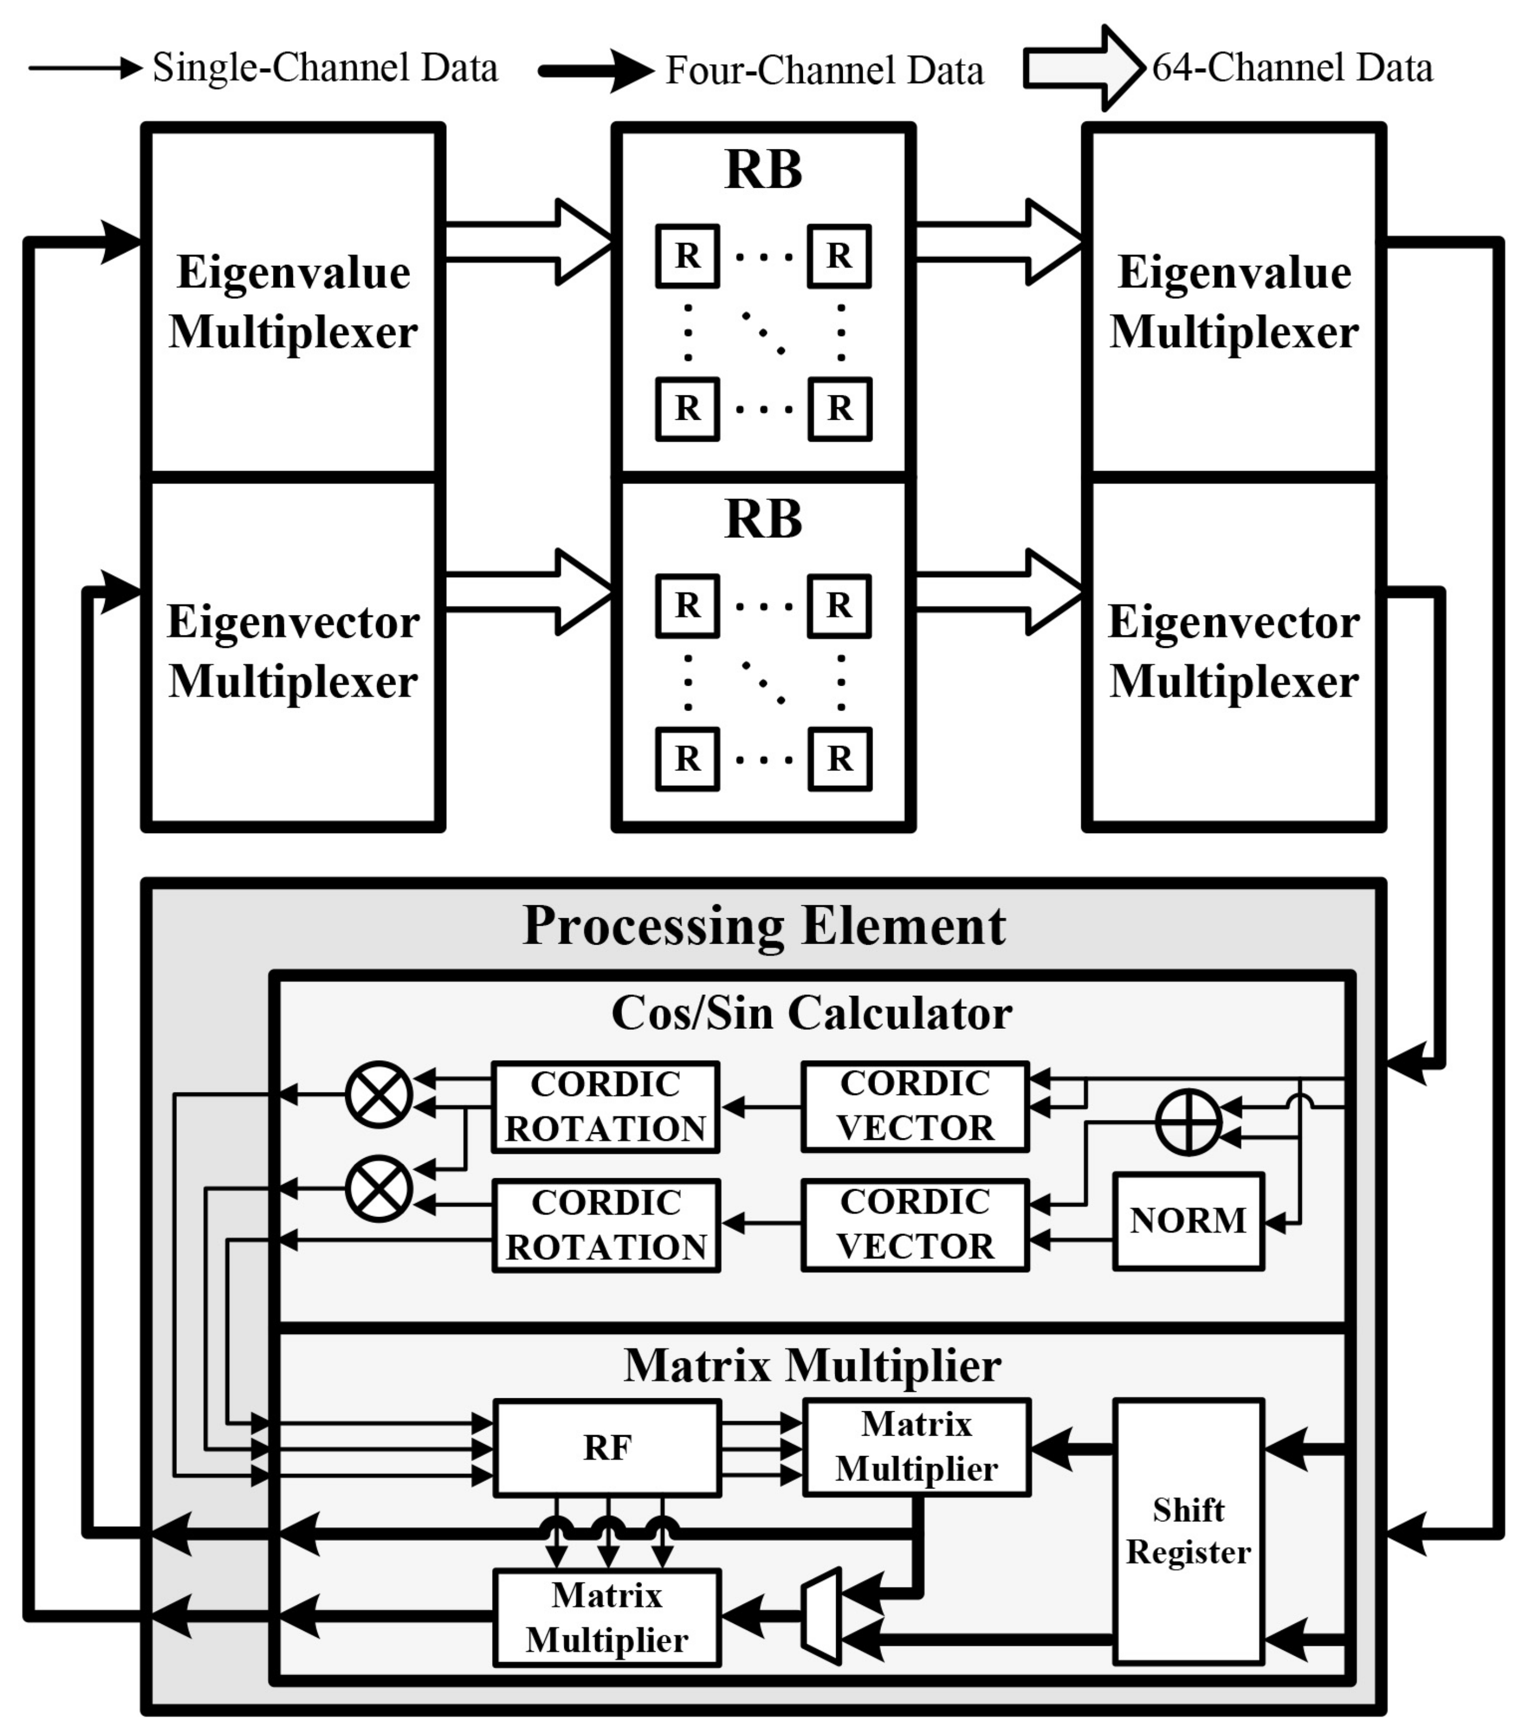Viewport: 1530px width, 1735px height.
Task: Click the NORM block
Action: click(1188, 1221)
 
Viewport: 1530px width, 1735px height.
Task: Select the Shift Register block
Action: click(1188, 1531)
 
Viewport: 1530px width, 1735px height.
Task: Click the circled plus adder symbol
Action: click(1189, 1121)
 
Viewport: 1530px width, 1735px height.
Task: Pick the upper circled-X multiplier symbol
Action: click(379, 1094)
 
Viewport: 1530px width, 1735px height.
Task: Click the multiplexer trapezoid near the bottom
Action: click(822, 1615)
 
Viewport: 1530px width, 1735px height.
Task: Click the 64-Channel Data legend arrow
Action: click(1083, 68)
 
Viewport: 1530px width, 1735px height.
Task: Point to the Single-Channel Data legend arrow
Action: click(85, 68)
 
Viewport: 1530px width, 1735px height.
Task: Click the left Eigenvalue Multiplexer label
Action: click(293, 302)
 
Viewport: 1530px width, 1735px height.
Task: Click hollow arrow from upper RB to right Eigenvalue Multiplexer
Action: click(998, 242)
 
